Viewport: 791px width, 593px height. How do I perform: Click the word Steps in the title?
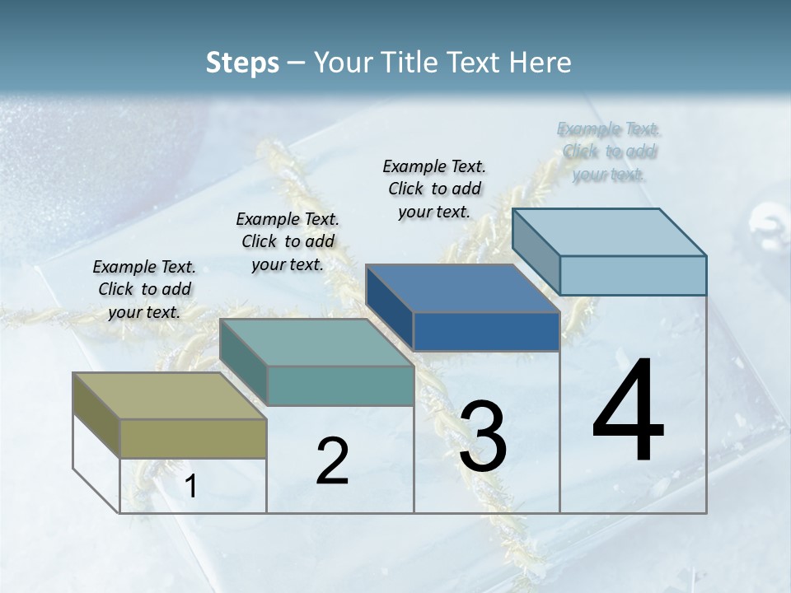point(242,63)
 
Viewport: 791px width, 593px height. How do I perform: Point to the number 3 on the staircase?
point(483,437)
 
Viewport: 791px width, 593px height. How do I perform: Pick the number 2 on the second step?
point(332,461)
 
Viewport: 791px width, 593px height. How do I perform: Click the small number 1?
point(191,487)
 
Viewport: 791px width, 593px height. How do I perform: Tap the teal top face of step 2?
point(317,342)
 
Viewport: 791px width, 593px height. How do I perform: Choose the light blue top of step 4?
point(610,232)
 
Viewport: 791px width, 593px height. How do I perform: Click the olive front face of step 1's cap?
point(194,438)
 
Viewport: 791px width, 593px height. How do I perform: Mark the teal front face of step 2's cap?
point(340,385)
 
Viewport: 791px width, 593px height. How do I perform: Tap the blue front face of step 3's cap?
point(486,332)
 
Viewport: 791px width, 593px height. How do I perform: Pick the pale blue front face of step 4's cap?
point(633,275)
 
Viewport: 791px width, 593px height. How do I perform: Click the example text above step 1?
point(144,289)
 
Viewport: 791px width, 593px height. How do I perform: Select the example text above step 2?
point(288,241)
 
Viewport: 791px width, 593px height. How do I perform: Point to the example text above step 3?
point(434,189)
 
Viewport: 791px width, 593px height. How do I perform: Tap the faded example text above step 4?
point(609,152)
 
